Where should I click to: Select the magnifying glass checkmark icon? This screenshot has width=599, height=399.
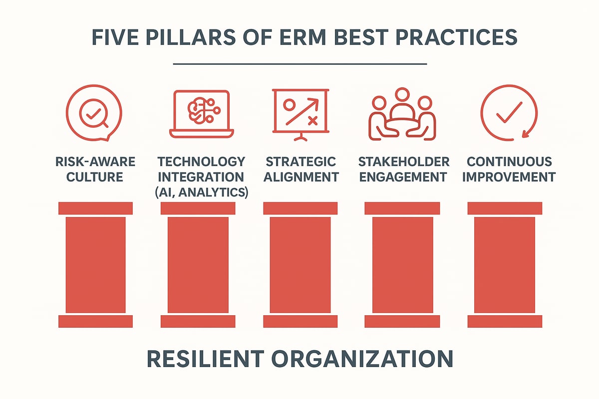(94, 114)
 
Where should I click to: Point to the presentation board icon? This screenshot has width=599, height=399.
(299, 114)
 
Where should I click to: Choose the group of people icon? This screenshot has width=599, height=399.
(401, 114)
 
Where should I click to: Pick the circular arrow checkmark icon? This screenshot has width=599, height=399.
(509, 114)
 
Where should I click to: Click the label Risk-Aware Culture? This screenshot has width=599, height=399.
(95, 169)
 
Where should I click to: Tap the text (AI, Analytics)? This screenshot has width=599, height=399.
(201, 192)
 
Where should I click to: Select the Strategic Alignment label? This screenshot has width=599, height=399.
(300, 169)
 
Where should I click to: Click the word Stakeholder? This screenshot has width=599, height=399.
(403, 162)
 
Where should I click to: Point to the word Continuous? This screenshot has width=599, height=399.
(509, 162)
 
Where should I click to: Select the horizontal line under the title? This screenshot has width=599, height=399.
(299, 64)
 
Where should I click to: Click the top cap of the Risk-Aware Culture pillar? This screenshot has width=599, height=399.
(95, 208)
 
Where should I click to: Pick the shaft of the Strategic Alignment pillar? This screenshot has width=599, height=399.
(300, 264)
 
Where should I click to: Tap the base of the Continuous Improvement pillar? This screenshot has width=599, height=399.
(505, 321)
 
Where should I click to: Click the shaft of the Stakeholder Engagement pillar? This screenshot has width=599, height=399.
(402, 264)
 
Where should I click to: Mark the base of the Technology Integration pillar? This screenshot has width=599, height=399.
(198, 321)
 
